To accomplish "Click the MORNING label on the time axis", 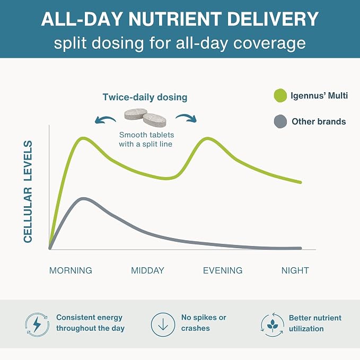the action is pyautogui.click(x=71, y=270).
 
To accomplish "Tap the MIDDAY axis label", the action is pyautogui.click(x=147, y=270).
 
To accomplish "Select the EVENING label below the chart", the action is pyautogui.click(x=223, y=270).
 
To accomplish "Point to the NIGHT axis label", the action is pyautogui.click(x=295, y=270).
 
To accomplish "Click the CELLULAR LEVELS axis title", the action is pyautogui.click(x=28, y=191).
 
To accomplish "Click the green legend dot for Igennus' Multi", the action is pyautogui.click(x=280, y=95).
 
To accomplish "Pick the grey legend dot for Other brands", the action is pyautogui.click(x=280, y=121).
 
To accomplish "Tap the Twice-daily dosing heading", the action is pyautogui.click(x=145, y=97).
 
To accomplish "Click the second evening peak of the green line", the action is pyautogui.click(x=207, y=139).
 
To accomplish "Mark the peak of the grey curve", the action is pyautogui.click(x=83, y=199).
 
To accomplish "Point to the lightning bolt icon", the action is pyautogui.click(x=37, y=324).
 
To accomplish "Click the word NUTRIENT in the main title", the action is pyautogui.click(x=175, y=19).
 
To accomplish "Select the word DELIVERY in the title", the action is pyautogui.click(x=273, y=19).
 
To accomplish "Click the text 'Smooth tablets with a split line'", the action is pyautogui.click(x=146, y=139).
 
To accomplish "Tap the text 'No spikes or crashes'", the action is pyautogui.click(x=204, y=323).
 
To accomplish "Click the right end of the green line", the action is pyautogui.click(x=300, y=182).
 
